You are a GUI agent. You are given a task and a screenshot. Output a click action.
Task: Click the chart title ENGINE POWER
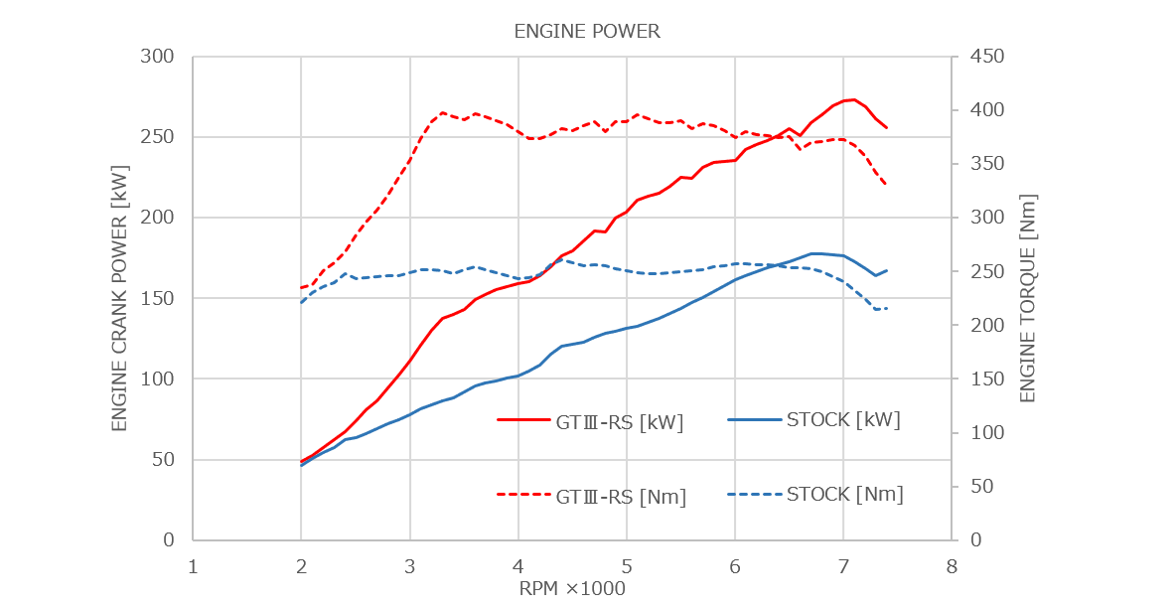(587, 32)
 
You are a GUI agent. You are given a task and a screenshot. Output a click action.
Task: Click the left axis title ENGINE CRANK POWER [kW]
(119, 298)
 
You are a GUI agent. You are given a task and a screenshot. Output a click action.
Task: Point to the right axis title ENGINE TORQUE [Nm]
(1028, 298)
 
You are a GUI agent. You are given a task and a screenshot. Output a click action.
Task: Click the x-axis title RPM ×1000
(572, 589)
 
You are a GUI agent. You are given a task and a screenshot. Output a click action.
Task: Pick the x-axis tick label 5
(627, 567)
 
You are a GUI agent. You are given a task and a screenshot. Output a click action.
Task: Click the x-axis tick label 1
(194, 567)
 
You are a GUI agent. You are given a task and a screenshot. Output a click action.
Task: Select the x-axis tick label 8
(952, 567)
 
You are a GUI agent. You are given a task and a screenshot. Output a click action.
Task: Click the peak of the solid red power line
(850, 99)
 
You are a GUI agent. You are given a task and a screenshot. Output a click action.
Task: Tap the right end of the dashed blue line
(886, 310)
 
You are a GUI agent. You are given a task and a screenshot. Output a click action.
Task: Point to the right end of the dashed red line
(886, 184)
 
